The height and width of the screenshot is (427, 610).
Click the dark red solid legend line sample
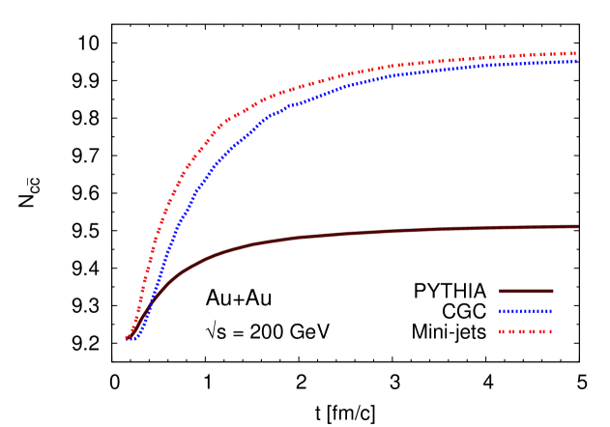[526, 291]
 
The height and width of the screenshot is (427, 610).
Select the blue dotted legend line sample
[526, 311]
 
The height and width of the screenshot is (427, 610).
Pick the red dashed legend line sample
[526, 331]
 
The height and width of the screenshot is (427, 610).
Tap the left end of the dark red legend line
[501, 291]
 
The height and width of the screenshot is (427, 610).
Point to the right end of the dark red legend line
[552, 291]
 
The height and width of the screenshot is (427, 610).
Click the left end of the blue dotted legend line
[501, 311]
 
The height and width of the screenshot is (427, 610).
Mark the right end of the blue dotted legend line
[551, 311]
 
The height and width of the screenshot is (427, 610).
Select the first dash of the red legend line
[502, 331]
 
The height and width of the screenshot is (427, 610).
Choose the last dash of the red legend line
[549, 331]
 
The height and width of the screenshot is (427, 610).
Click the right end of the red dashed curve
[576, 54]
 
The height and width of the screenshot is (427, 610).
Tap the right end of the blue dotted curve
[576, 61]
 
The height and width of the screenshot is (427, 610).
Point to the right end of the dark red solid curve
[577, 226]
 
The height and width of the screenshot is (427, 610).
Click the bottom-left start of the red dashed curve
[127, 338]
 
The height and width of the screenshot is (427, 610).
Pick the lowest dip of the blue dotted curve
[134, 339]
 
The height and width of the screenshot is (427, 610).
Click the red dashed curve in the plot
[290, 90]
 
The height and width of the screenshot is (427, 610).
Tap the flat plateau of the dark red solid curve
[435, 229]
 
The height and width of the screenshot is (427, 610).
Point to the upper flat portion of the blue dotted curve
[464, 68]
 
